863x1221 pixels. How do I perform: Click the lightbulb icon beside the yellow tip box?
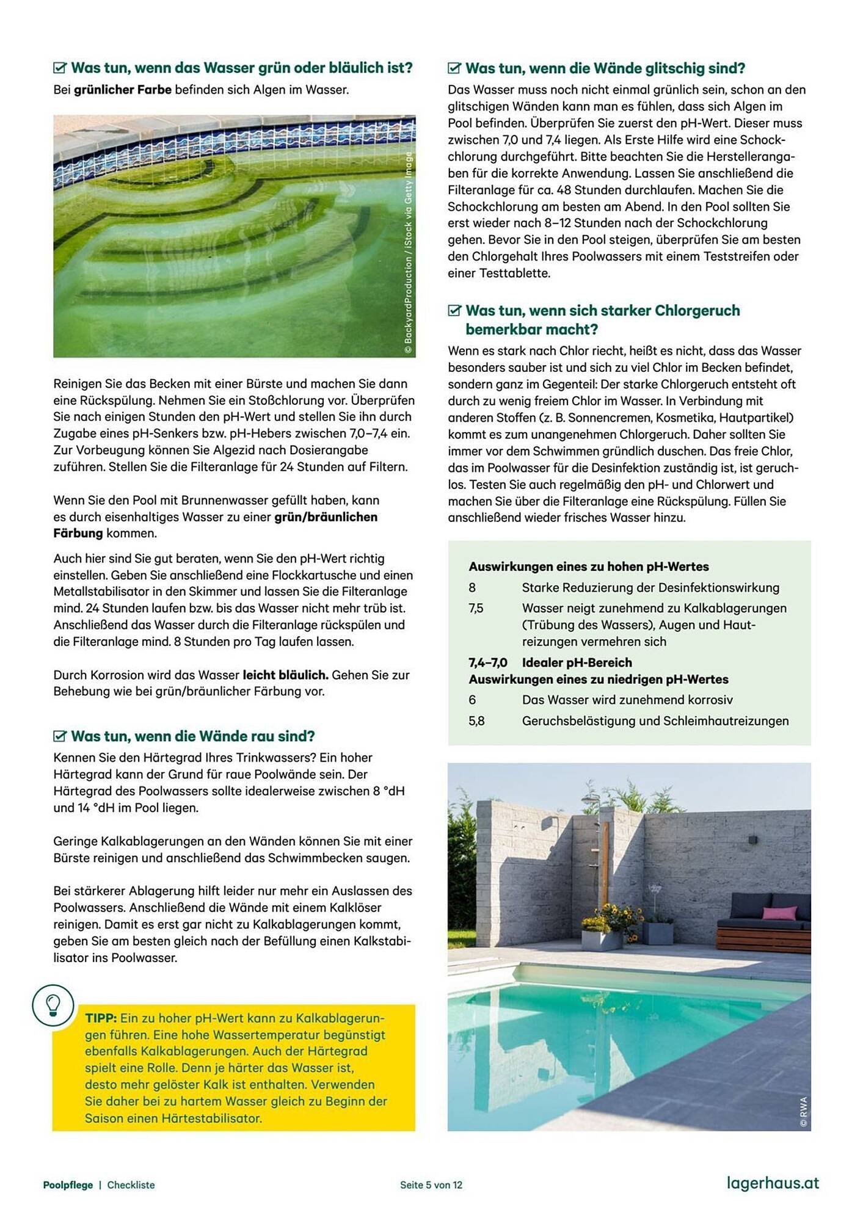(53, 1004)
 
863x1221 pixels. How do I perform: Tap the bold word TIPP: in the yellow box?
(101, 1018)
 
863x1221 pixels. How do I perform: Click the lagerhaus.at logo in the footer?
(773, 1183)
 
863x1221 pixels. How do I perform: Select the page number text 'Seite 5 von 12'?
(431, 1185)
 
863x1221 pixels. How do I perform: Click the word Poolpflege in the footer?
(68, 1185)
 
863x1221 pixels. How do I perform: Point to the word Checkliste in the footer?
(131, 1185)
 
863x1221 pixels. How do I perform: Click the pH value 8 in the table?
(472, 588)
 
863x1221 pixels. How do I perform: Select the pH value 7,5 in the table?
(476, 609)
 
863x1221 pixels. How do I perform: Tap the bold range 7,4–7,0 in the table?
(487, 662)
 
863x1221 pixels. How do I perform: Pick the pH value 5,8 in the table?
(476, 721)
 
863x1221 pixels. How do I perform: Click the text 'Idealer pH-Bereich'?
(577, 662)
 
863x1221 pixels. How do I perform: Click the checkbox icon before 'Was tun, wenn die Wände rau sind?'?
(60, 736)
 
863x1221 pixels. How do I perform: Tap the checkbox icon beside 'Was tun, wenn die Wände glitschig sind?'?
(454, 68)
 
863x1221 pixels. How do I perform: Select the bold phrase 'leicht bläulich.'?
(285, 675)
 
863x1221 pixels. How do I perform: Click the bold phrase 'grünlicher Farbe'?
(123, 90)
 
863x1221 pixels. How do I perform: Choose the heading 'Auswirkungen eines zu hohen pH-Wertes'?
(589, 567)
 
